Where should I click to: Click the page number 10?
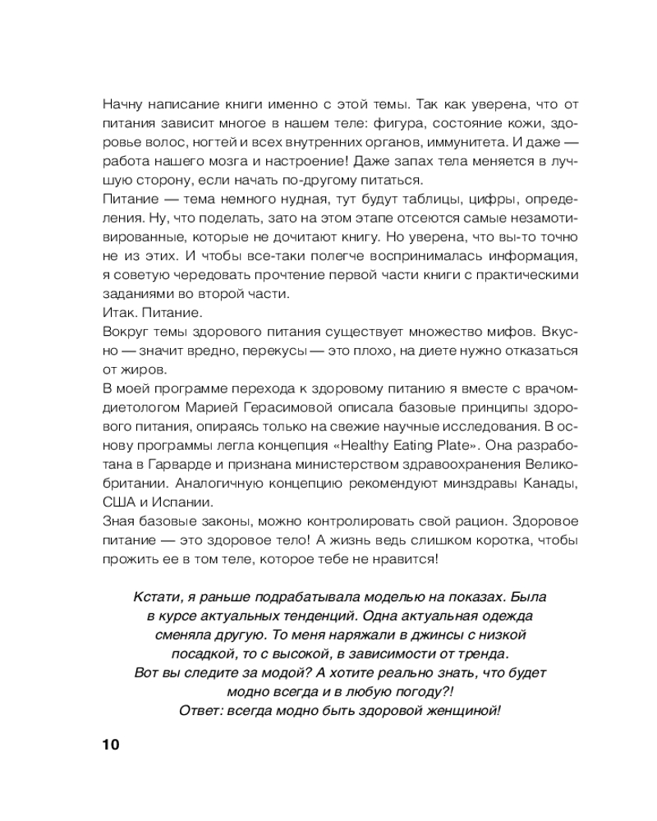(x=111, y=745)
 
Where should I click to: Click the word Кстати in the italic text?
(x=154, y=597)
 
